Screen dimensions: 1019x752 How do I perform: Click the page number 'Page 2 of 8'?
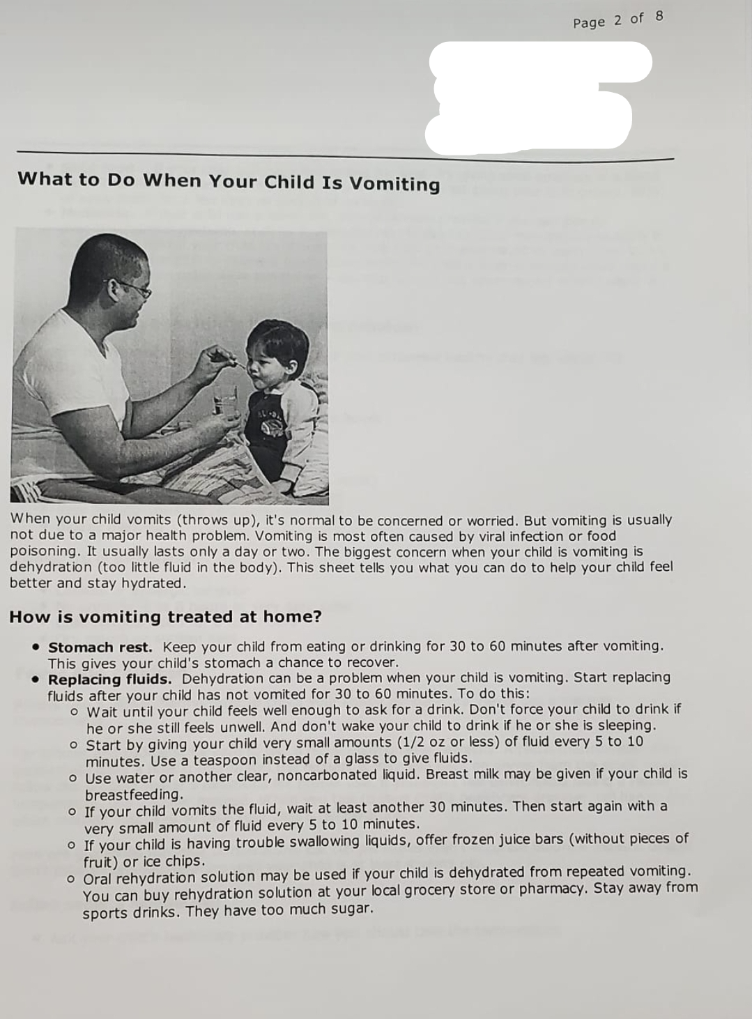coord(617,20)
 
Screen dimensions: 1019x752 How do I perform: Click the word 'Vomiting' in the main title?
coord(394,184)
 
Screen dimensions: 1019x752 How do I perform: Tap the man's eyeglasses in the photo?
coord(132,288)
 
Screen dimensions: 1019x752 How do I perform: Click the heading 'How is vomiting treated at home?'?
coord(165,617)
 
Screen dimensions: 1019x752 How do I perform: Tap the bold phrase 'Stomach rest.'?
coord(100,647)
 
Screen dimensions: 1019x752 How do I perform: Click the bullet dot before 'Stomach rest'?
coord(35,648)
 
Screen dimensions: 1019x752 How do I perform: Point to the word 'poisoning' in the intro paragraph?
coord(43,551)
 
